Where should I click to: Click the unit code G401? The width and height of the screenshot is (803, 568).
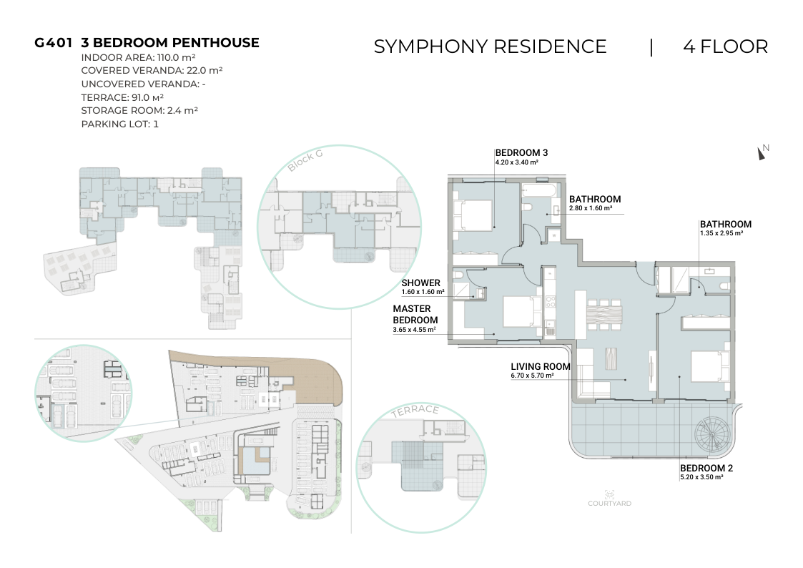(53, 42)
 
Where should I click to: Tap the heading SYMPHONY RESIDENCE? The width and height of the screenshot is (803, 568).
(490, 46)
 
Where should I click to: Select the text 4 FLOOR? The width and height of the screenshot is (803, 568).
(725, 46)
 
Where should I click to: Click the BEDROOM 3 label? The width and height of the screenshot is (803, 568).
(521, 152)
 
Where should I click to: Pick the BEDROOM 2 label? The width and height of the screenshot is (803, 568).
(706, 468)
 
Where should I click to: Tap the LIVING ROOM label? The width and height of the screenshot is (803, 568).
(541, 367)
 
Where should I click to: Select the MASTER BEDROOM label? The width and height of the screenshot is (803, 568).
(415, 315)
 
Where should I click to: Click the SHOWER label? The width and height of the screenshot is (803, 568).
(421, 283)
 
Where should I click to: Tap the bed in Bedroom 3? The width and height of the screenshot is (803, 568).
(472, 215)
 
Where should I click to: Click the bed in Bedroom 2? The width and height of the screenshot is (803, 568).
(710, 366)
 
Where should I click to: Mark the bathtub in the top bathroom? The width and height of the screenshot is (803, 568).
(538, 192)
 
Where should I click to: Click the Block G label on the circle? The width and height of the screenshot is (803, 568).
(305, 160)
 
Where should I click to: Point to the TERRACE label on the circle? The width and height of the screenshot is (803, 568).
(415, 410)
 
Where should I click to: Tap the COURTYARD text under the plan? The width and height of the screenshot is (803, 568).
(609, 504)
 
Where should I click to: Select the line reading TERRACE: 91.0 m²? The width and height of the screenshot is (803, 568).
(122, 97)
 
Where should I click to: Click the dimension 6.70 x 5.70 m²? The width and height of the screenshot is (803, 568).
(532, 376)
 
